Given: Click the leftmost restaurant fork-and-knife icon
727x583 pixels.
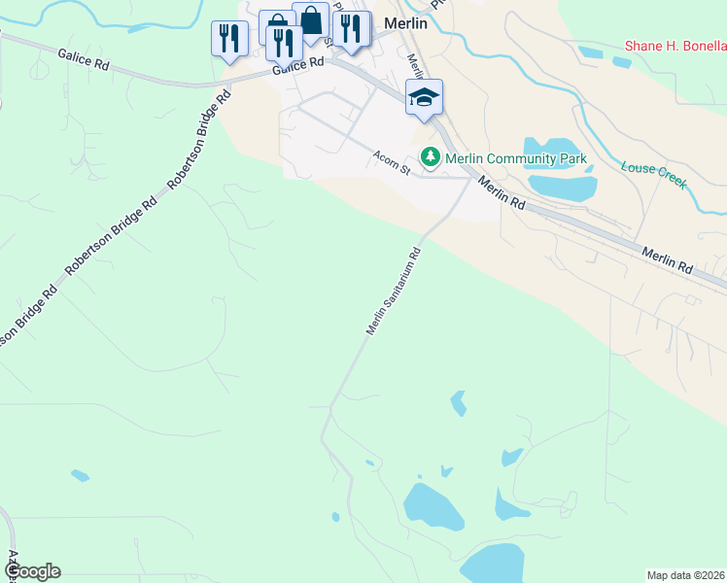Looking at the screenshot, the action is (x=229, y=39).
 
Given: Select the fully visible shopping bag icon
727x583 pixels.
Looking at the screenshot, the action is (x=311, y=19).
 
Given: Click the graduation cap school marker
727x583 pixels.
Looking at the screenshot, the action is (x=424, y=96).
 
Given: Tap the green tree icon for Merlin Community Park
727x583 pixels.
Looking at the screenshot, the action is (x=428, y=156).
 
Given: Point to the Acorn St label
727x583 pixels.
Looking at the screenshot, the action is (x=394, y=162).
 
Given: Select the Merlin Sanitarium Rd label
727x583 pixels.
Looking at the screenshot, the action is (x=394, y=291).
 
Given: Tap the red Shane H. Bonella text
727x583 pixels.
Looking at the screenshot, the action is (x=675, y=45).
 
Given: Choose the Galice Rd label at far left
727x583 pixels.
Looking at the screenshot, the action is (x=84, y=60).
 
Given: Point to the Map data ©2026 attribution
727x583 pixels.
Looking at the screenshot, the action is (x=684, y=574).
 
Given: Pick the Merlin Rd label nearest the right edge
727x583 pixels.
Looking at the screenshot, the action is (x=667, y=259).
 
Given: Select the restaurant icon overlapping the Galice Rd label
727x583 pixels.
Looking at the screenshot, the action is (x=284, y=44).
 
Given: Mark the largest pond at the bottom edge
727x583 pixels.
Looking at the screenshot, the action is (x=494, y=564).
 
